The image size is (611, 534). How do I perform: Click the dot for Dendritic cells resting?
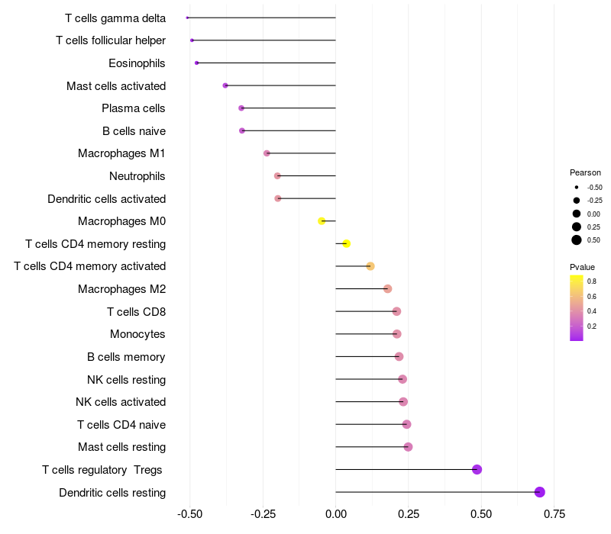[x=540, y=492]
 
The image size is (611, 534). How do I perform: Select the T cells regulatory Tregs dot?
[x=477, y=469]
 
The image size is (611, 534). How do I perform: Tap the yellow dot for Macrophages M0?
[x=322, y=221]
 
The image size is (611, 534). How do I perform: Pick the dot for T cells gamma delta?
[x=187, y=18]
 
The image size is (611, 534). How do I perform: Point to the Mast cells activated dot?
[x=225, y=85]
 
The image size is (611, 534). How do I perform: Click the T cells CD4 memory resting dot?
[x=346, y=244]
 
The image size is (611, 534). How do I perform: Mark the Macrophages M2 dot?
[x=388, y=289]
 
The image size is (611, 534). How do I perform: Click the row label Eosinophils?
[x=137, y=63]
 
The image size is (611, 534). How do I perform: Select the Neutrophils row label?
[x=137, y=176]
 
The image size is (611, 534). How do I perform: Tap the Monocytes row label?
[x=137, y=334]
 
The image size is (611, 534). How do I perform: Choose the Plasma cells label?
[x=134, y=108]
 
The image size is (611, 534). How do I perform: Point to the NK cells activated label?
[x=121, y=402]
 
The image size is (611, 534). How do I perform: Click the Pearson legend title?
[x=585, y=172]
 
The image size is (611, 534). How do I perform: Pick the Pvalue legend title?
[x=582, y=267]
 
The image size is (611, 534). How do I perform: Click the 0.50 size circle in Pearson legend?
[x=577, y=240]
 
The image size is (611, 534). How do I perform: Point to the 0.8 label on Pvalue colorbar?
[x=592, y=281]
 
